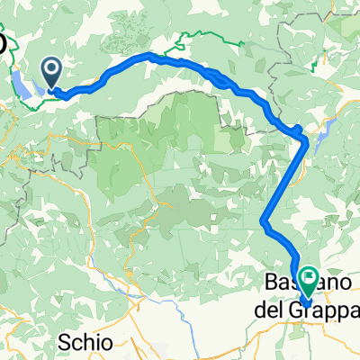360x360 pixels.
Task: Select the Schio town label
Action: pyautogui.click(x=88, y=342)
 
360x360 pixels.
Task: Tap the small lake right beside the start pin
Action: pyautogui.click(x=40, y=90)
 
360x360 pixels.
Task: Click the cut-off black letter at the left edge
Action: pyautogui.click(x=4, y=44)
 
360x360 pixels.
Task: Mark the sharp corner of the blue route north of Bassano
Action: pyautogui.click(x=263, y=221)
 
